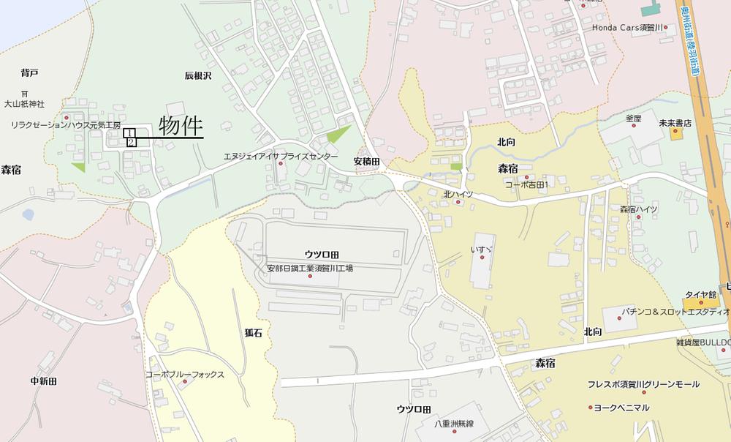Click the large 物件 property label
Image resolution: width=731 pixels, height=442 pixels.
(x=181, y=127)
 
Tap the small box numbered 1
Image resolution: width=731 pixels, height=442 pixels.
(x=129, y=133)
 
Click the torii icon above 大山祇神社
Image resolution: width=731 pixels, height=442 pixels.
(x=25, y=94)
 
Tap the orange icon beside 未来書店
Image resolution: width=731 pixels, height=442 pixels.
(x=676, y=134)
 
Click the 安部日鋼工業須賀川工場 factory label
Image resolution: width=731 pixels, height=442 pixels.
(x=310, y=269)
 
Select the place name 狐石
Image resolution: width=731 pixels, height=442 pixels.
(x=253, y=332)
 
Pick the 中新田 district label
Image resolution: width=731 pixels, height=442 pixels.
(x=44, y=381)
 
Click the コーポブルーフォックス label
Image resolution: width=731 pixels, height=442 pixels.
(x=184, y=375)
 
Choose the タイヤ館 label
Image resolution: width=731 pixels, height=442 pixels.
(x=701, y=294)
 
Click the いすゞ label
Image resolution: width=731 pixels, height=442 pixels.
(x=481, y=250)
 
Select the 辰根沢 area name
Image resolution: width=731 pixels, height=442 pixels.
(x=197, y=75)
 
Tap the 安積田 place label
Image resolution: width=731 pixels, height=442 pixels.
(x=367, y=161)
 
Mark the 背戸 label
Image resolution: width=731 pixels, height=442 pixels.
(x=29, y=72)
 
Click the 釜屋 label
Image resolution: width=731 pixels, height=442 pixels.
(x=633, y=118)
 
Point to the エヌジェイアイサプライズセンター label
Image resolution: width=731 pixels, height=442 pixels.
(x=281, y=157)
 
